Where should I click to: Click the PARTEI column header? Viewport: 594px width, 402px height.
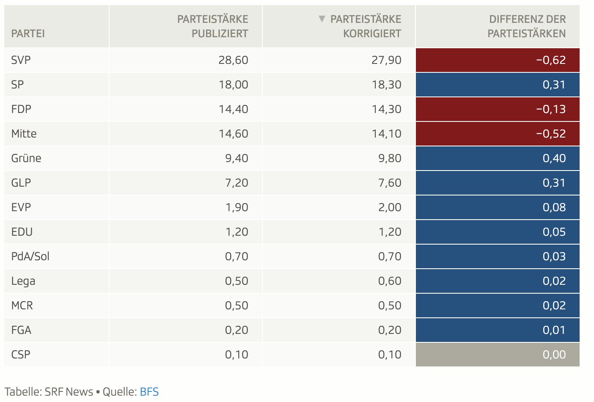(x=28, y=33)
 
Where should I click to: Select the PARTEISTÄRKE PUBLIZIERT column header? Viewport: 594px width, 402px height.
(x=212, y=26)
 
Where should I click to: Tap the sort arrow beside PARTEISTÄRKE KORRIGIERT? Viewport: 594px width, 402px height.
(x=322, y=19)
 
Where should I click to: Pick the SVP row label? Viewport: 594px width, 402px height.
(x=21, y=60)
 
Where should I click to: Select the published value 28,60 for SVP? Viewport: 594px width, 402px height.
(x=233, y=60)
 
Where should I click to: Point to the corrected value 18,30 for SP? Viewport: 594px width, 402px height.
(x=386, y=85)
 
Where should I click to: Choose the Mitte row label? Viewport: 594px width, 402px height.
(x=24, y=134)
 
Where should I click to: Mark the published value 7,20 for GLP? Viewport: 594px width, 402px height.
(x=236, y=183)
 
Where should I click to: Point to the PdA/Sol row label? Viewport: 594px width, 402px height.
(x=30, y=256)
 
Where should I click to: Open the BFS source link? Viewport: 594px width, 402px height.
(x=149, y=392)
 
